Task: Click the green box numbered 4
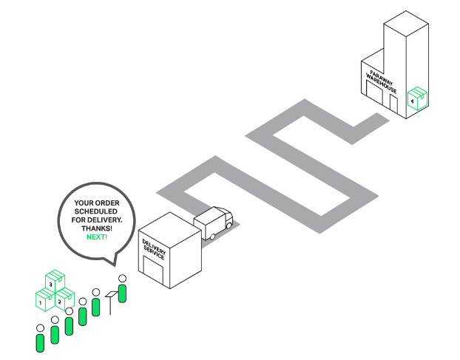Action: pos(417,98)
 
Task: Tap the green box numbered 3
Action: pos(55,281)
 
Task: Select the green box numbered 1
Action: pos(45,299)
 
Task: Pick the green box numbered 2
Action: pos(64,299)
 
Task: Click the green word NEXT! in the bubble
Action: pos(97,237)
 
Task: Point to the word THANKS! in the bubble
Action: pos(97,228)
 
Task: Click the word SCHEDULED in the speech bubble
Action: pos(96,211)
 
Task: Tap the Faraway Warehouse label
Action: pos(381,82)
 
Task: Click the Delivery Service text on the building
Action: pos(154,249)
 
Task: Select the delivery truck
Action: pos(213,223)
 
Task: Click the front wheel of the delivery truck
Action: pos(229,225)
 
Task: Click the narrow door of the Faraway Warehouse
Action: pos(393,103)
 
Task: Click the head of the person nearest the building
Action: pos(122,278)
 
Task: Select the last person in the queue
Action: pos(40,338)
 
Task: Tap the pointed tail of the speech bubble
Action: pos(114,265)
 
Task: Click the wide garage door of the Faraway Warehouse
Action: pos(375,92)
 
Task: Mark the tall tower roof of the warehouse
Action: pos(406,24)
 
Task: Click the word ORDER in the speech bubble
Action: pos(108,203)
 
